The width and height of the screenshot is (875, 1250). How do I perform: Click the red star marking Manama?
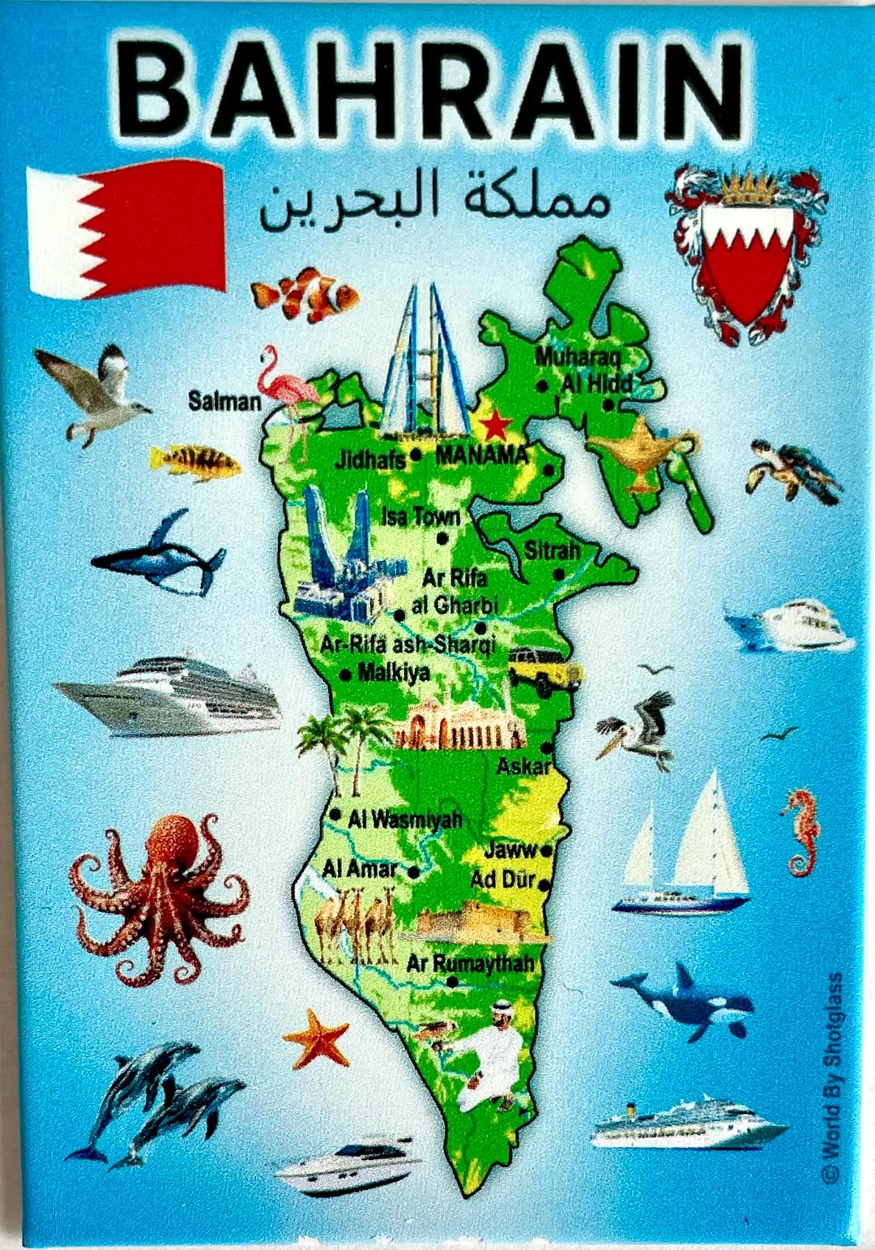tap(493, 424)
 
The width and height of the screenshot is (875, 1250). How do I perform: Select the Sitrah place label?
tap(552, 551)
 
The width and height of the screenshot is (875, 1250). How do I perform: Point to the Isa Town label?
tap(420, 516)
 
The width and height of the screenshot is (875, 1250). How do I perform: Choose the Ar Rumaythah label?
tap(471, 963)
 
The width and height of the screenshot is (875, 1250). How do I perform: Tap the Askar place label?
tap(523, 765)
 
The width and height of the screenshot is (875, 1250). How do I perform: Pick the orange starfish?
tap(317, 1038)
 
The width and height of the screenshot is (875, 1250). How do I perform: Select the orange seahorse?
tap(800, 832)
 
